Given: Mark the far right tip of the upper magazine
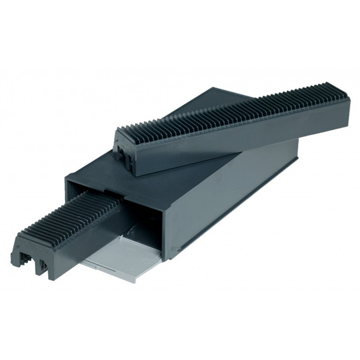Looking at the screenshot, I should click(x=347, y=105).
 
